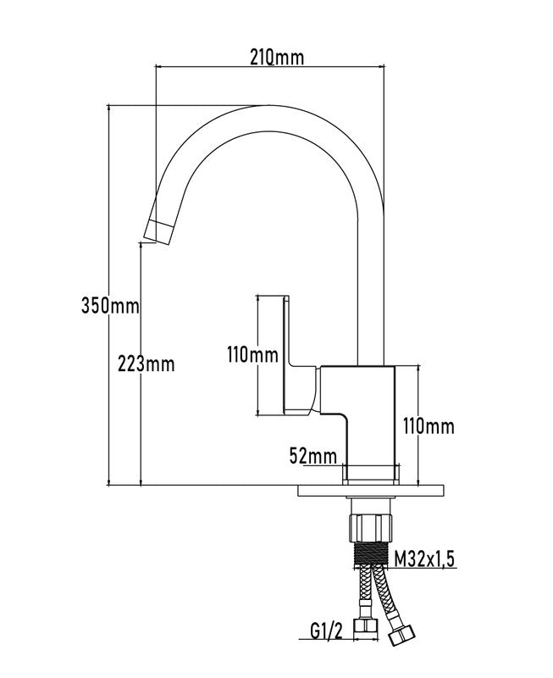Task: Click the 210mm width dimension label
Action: [277, 57]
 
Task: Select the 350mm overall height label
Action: [111, 306]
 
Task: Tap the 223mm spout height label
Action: [146, 364]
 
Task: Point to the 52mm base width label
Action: [312, 456]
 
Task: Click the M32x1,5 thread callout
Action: [425, 559]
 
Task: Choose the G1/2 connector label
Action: [326, 631]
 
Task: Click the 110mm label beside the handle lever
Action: [252, 355]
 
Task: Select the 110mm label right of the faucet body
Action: [429, 426]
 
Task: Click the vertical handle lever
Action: [286, 354]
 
